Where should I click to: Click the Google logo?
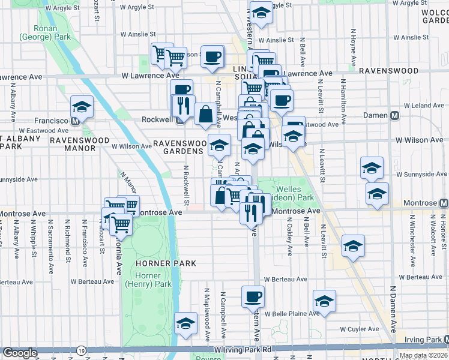pos(20,353)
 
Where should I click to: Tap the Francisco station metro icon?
pos(76,120)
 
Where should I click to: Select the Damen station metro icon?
pos(395,115)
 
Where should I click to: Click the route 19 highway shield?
pos(81,349)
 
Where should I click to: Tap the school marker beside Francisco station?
pos(82,106)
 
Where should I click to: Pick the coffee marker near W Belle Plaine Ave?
pos(253,296)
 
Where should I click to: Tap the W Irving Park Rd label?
pos(243,349)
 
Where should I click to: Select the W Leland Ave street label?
pos(413,105)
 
